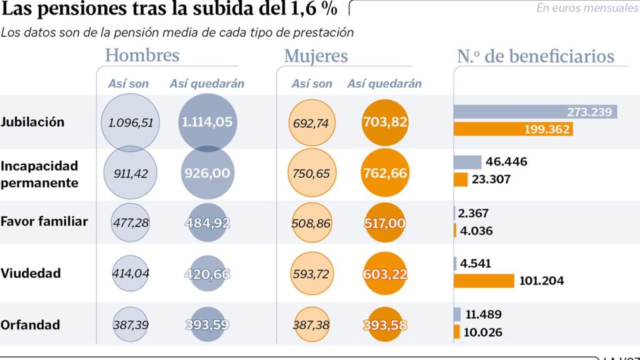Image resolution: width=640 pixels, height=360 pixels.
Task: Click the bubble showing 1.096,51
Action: tap(130, 122)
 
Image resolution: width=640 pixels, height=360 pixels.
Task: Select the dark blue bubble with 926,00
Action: tap(207, 172)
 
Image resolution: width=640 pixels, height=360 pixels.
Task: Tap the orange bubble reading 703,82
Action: tap(385, 122)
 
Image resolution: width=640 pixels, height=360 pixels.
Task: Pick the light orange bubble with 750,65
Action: tap(311, 172)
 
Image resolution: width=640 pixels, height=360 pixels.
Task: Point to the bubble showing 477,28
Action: tap(130, 222)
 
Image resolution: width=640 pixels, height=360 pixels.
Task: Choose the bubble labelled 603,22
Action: tap(385, 274)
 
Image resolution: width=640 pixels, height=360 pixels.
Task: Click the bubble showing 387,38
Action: tap(311, 324)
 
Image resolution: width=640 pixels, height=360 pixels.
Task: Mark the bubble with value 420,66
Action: tap(207, 274)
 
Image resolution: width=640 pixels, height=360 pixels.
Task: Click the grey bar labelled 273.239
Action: tap(535, 112)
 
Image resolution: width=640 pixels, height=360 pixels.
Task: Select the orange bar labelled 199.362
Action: tap(513, 129)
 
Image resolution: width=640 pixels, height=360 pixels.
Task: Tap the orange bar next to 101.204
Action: tap(484, 281)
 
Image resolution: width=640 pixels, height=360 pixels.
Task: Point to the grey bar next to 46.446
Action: tap(467, 162)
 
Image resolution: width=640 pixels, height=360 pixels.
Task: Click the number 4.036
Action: tap(476, 231)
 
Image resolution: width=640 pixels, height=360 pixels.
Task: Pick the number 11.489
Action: tap(484, 314)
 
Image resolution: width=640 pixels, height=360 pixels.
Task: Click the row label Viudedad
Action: tap(31, 273)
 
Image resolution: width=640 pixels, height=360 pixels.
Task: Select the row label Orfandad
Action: tap(30, 325)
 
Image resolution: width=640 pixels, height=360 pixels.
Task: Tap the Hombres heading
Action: tap(142, 56)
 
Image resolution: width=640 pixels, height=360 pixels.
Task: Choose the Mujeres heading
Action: tap(316, 56)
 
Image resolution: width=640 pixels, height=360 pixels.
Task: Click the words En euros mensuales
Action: tap(587, 7)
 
